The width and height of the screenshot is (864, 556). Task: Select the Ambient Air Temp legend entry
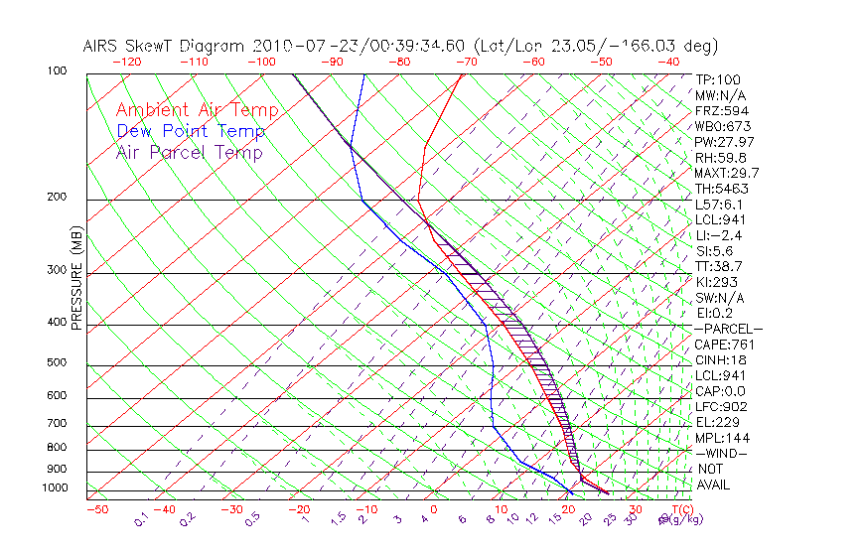(197, 110)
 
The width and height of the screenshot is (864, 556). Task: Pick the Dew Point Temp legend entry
(191, 131)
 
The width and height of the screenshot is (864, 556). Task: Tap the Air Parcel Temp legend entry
(190, 152)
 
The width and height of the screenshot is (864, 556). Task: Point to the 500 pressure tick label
(58, 363)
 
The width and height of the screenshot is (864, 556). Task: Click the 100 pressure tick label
(58, 71)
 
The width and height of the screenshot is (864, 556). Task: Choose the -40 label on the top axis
(668, 62)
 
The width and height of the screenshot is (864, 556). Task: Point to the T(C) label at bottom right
(675, 509)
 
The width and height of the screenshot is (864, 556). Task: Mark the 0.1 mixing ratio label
(142, 518)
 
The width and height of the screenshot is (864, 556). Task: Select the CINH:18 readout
(721, 359)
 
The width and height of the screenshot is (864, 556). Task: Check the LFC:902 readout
(721, 406)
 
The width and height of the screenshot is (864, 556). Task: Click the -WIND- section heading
(722, 453)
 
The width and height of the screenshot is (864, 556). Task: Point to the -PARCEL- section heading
(728, 329)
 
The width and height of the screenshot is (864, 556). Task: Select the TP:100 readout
(718, 80)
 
